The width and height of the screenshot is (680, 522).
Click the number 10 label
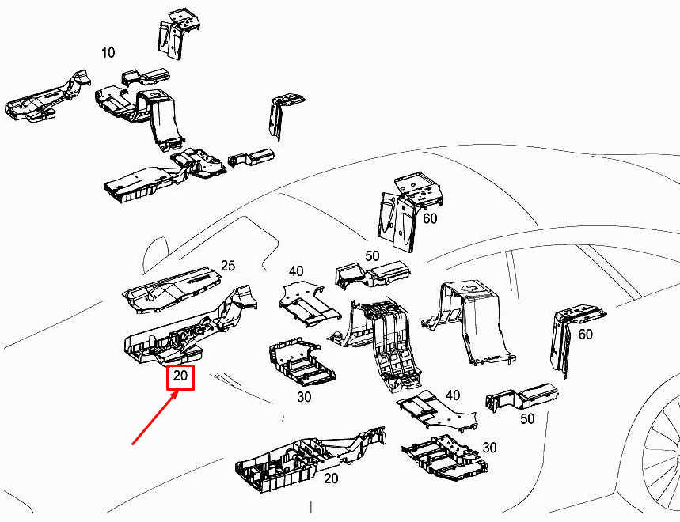pos(108,53)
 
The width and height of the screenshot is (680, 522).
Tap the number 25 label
pos(228,267)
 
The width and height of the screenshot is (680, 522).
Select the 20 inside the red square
pos(180,377)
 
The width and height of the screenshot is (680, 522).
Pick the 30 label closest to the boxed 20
pos(305,397)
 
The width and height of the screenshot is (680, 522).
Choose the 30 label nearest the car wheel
pos(490,448)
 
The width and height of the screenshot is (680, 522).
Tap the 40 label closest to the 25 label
pos(297,271)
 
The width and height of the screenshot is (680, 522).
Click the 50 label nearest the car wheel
pos(527,418)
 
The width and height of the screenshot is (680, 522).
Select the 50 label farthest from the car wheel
pos(371,257)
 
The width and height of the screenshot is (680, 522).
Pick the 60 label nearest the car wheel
pos(585,335)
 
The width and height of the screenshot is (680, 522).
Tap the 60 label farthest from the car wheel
pos(430,218)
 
